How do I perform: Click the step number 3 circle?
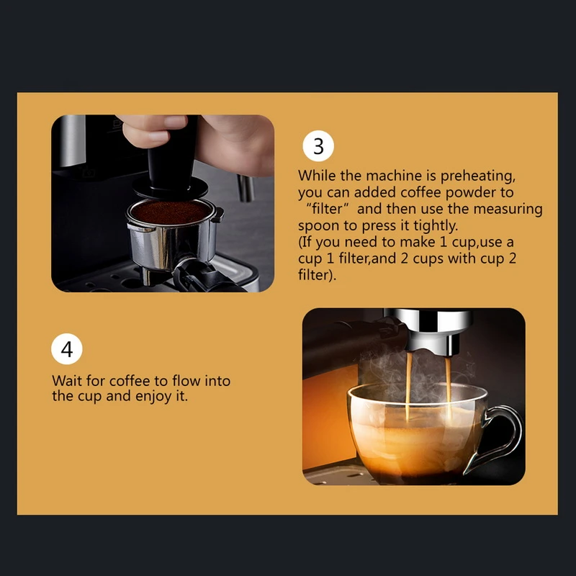318,146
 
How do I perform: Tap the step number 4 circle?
67,348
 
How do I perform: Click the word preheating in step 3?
477,176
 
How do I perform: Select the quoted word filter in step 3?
327,209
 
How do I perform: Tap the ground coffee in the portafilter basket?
171,212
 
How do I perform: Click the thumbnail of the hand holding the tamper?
163,204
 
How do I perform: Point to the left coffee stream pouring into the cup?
408,386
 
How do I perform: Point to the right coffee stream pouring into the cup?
448,390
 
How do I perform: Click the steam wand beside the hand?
246,188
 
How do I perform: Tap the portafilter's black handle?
206,276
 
